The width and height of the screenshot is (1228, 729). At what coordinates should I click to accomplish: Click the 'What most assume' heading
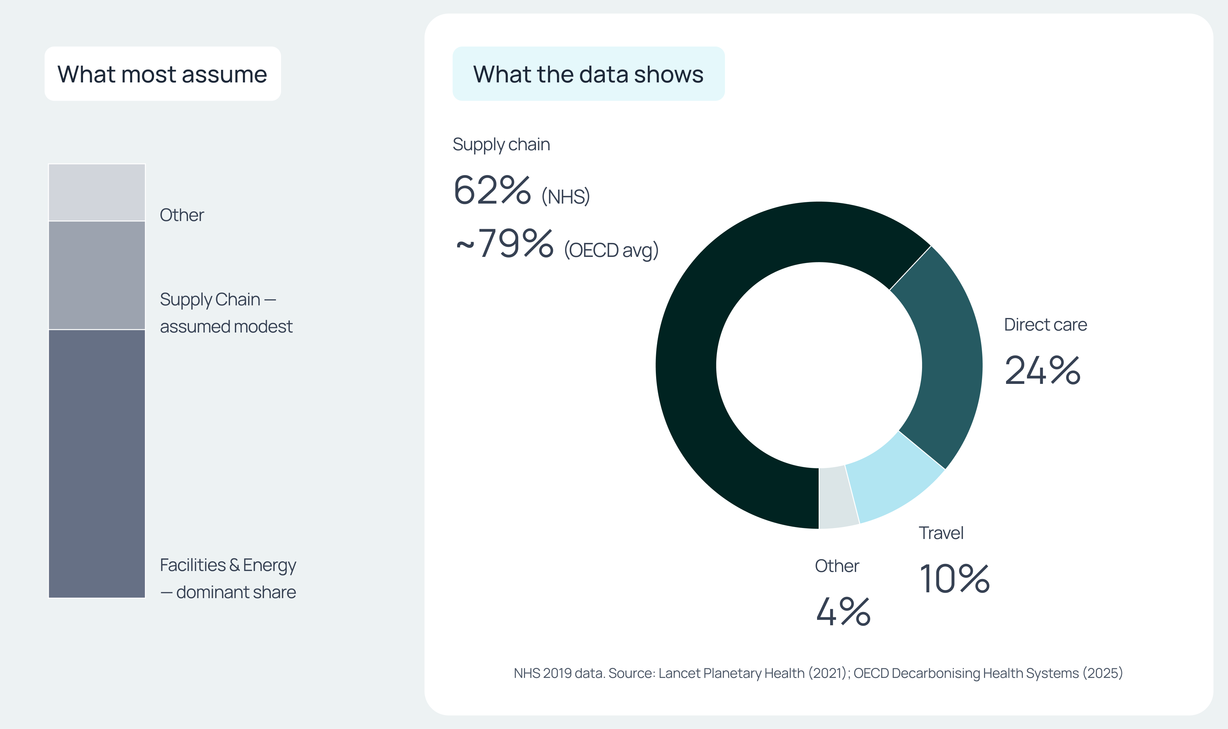[x=162, y=74]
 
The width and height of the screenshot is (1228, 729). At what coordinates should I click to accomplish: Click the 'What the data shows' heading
[x=588, y=74]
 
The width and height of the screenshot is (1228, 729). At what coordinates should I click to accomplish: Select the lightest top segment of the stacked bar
[x=97, y=192]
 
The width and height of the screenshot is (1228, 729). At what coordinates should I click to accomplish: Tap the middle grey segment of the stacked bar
[x=97, y=275]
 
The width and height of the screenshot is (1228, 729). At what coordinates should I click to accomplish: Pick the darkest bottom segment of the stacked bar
[x=97, y=464]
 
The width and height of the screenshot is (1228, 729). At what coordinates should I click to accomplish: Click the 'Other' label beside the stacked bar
[x=182, y=215]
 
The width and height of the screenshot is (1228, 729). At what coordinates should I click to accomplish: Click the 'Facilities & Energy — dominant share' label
[x=228, y=579]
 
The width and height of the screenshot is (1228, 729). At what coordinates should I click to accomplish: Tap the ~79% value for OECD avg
[x=505, y=243]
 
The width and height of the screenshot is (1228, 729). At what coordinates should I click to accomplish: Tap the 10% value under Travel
[x=954, y=579]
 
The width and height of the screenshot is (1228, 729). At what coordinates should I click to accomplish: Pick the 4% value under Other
[x=843, y=612]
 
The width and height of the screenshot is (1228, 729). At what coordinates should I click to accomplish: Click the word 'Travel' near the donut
[x=941, y=533]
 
